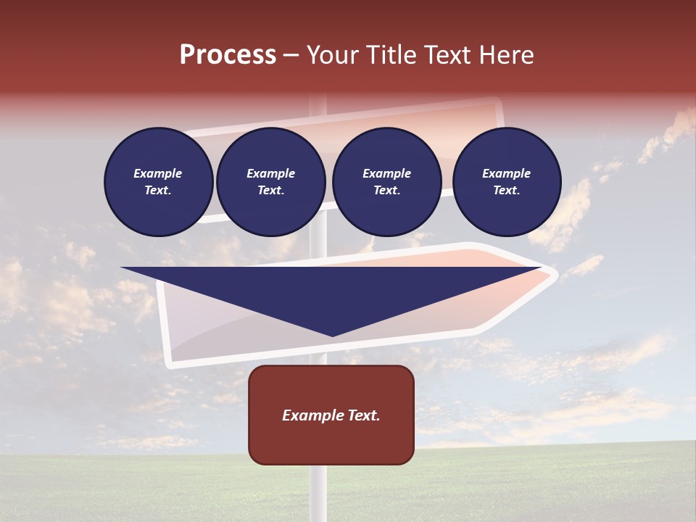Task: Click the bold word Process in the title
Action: (228, 55)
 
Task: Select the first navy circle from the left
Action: (158, 181)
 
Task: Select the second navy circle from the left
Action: (270, 181)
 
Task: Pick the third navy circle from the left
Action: (386, 181)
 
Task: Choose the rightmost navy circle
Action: (506, 181)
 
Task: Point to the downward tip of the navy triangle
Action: (333, 336)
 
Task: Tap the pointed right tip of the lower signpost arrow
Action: (555, 273)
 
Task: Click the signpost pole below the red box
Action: (318, 493)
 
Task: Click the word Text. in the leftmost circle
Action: (158, 191)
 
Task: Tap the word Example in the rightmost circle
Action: (506, 173)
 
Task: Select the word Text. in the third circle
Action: (386, 191)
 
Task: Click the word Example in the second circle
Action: (270, 173)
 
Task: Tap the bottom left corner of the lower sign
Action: (169, 362)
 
